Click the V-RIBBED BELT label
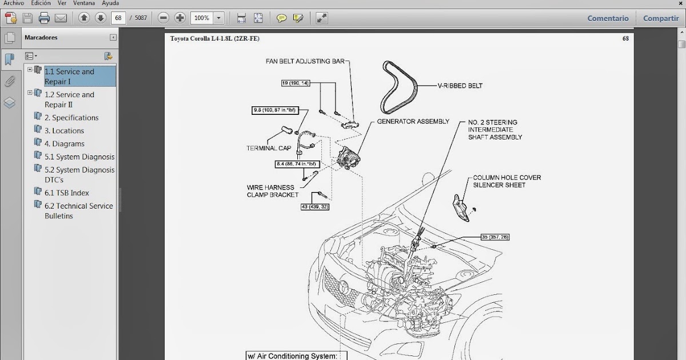(460, 86)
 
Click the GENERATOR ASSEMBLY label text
(413, 122)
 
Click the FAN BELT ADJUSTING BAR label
(305, 61)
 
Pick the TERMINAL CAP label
(269, 148)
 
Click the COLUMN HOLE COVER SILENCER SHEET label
(506, 181)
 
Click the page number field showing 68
(118, 18)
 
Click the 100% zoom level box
(202, 18)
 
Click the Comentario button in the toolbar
(608, 18)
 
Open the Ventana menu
(84, 3)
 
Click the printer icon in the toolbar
(44, 18)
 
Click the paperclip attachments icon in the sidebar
(10, 82)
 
